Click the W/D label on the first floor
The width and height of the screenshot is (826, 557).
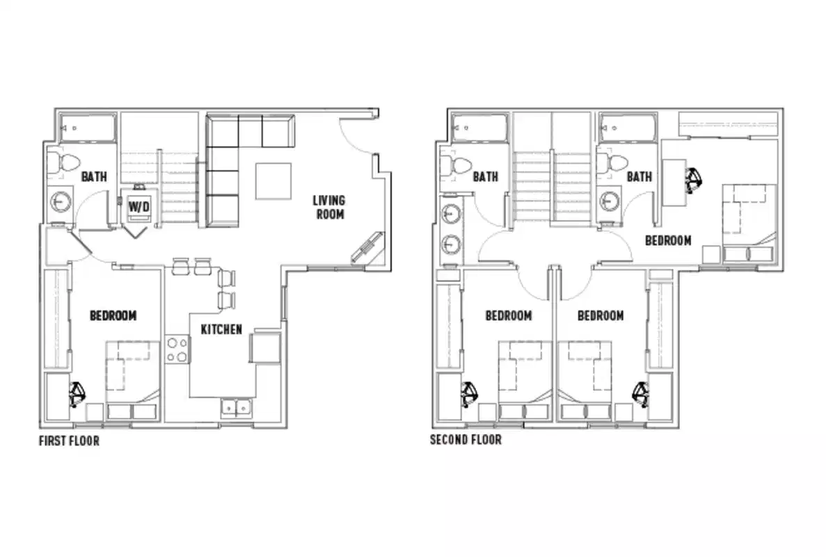tap(138, 207)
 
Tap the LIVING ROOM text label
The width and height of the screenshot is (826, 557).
tap(330, 207)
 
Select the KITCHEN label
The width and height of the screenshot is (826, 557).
tap(221, 329)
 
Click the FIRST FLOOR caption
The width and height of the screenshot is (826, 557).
tap(69, 441)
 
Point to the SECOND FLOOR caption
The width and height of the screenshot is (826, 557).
tap(465, 440)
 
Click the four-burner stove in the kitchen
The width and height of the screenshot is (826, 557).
tap(177, 350)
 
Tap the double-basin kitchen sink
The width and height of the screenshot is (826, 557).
tap(237, 407)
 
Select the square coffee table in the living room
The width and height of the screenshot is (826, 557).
tap(273, 181)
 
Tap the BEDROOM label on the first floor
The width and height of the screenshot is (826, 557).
tap(113, 315)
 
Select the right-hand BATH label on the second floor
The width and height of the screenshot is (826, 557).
tap(639, 177)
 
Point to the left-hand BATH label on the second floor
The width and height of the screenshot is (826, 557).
tap(485, 177)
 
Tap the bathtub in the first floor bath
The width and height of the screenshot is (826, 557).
tap(87, 127)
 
